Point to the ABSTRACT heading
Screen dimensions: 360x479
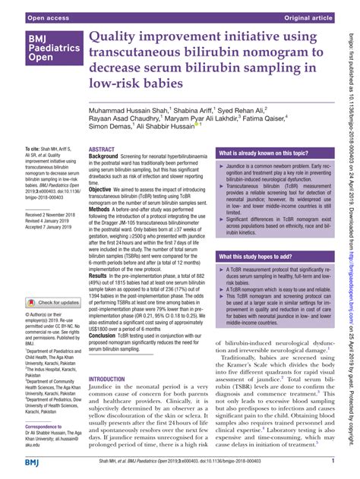(x=102, y=150)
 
